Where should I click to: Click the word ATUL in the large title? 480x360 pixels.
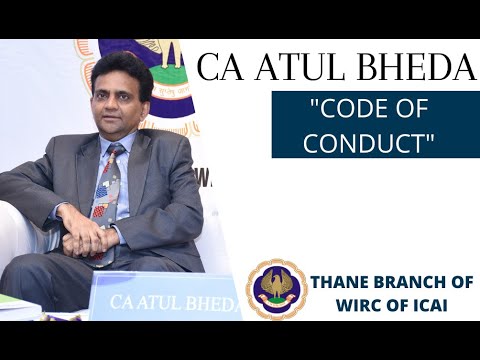(294, 68)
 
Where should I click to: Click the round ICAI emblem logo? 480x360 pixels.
(276, 288)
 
